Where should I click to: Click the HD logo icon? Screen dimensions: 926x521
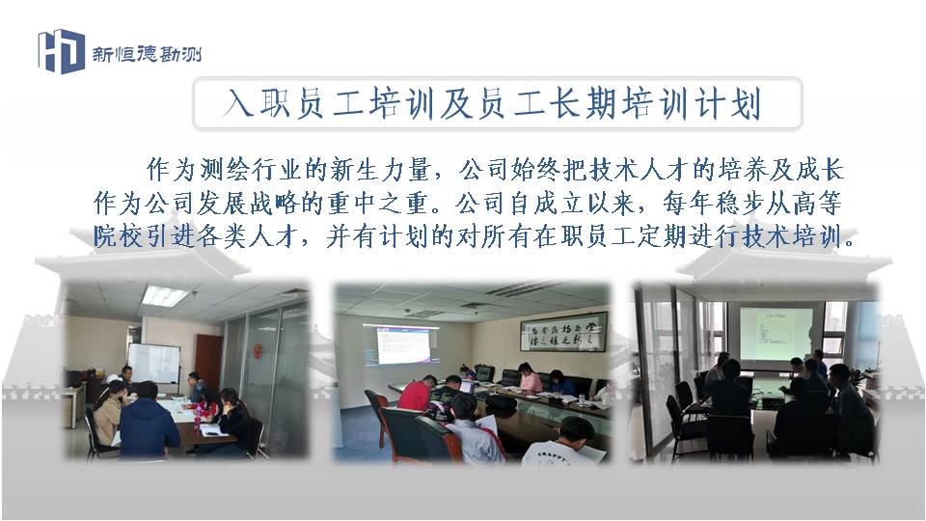point(62,51)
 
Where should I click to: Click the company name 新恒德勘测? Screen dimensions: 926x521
point(147,54)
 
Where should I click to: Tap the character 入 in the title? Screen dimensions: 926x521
point(238,103)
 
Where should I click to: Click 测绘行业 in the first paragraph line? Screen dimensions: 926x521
point(252,170)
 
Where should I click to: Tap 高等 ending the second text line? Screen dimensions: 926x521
point(817,204)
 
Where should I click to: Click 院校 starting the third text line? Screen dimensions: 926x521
point(118,236)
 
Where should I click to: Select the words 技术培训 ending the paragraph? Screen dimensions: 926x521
point(792,236)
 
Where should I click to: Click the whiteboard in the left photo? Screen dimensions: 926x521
point(154,363)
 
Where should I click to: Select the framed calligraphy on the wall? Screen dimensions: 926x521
point(563,332)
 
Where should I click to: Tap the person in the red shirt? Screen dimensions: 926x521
point(417,394)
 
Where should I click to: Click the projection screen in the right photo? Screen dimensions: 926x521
point(775,334)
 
